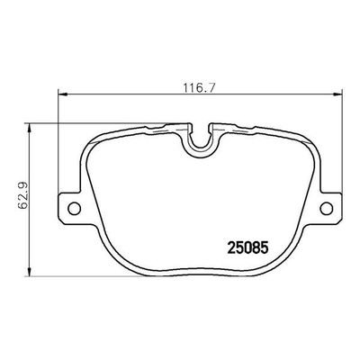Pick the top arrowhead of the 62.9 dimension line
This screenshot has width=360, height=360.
point(34,127)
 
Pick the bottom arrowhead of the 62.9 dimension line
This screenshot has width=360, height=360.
point(34,273)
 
